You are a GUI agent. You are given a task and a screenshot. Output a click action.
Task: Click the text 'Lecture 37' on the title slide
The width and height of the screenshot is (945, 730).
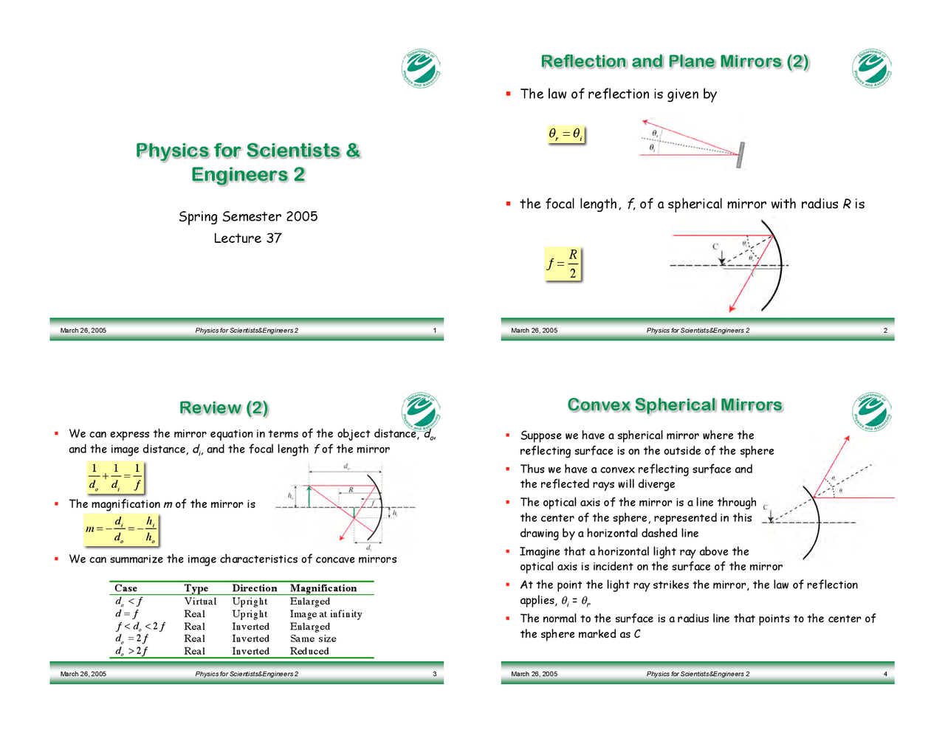[x=247, y=238]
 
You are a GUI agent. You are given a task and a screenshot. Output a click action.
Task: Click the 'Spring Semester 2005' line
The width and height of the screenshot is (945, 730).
[x=248, y=216]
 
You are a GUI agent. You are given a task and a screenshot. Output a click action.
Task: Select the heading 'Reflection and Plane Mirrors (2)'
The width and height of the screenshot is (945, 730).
[x=675, y=61]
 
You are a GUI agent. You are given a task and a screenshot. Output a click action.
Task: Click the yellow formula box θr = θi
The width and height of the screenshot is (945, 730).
[x=566, y=134]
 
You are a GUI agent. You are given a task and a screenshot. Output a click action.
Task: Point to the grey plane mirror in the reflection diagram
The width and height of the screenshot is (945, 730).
[x=740, y=155]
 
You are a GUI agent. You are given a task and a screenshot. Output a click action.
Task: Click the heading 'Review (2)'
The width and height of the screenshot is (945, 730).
[x=224, y=407]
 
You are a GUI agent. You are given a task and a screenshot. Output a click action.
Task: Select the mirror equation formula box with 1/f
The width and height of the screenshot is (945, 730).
[x=115, y=477]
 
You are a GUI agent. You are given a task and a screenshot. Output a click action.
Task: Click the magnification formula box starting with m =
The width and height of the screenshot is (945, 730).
[x=121, y=529]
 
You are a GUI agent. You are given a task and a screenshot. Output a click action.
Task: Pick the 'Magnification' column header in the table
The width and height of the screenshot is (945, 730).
[x=323, y=588]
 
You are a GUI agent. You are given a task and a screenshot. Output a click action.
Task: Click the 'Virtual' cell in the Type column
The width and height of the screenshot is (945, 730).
[x=200, y=602]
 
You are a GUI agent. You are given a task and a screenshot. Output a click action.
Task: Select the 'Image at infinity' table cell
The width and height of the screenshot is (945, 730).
[x=326, y=614]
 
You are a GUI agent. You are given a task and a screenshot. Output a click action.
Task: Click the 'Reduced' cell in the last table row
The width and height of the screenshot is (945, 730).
[x=309, y=651]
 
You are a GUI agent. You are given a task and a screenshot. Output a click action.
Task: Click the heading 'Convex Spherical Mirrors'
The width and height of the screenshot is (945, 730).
[x=675, y=404]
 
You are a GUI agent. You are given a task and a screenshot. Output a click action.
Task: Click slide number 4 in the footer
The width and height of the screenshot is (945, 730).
[x=885, y=674]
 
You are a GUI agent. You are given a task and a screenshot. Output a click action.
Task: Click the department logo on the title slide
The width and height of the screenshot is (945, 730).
[x=421, y=69]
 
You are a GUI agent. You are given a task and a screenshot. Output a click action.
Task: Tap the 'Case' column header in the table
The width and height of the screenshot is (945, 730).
[x=126, y=588]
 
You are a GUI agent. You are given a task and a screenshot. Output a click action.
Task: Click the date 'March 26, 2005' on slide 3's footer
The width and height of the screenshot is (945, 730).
[x=83, y=674]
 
